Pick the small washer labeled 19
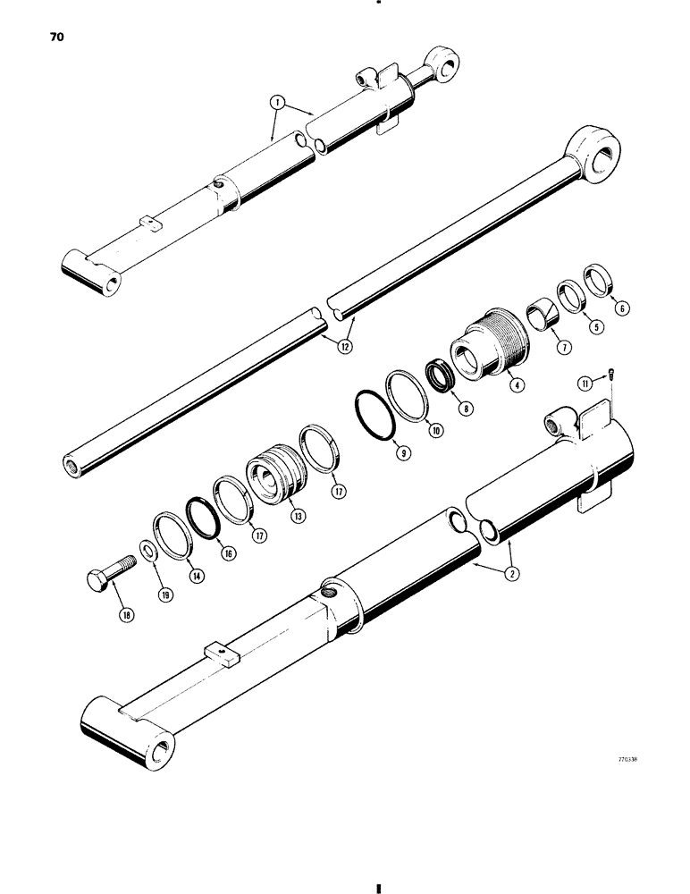(147, 548)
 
